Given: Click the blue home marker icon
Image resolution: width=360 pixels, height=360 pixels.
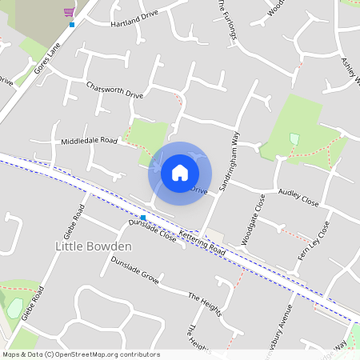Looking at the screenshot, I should tap(180, 172).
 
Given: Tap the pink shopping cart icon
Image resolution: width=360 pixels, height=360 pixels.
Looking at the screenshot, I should tap(70, 12).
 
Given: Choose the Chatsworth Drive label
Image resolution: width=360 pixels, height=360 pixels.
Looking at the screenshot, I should tap(114, 90).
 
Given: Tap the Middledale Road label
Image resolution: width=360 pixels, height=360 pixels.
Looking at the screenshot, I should tap(89, 141).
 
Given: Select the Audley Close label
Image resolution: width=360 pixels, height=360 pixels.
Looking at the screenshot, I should tap(298, 198).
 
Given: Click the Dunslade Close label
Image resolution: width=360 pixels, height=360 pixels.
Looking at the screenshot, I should tap(153, 232).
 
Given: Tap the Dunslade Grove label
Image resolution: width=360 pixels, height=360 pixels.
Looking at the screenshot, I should tap(135, 272).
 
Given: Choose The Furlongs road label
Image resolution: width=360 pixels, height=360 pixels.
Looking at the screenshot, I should tap(227, 19).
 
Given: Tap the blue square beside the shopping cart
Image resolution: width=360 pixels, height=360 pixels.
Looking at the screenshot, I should tap(72, 25).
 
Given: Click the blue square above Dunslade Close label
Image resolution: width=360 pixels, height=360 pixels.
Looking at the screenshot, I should tap(143, 218).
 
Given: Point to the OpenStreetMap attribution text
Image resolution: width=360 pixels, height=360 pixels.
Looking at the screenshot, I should tap(82, 354).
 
